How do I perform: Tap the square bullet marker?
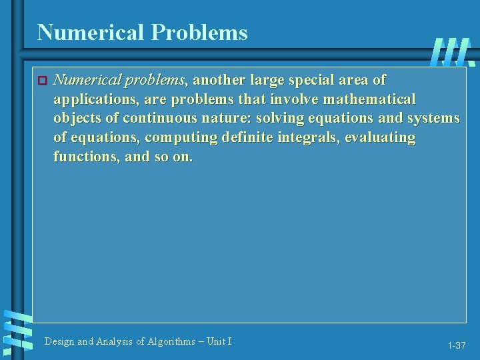[41, 81]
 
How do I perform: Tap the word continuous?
[157, 119]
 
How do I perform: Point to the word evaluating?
[380, 138]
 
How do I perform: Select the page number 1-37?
[457, 345]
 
